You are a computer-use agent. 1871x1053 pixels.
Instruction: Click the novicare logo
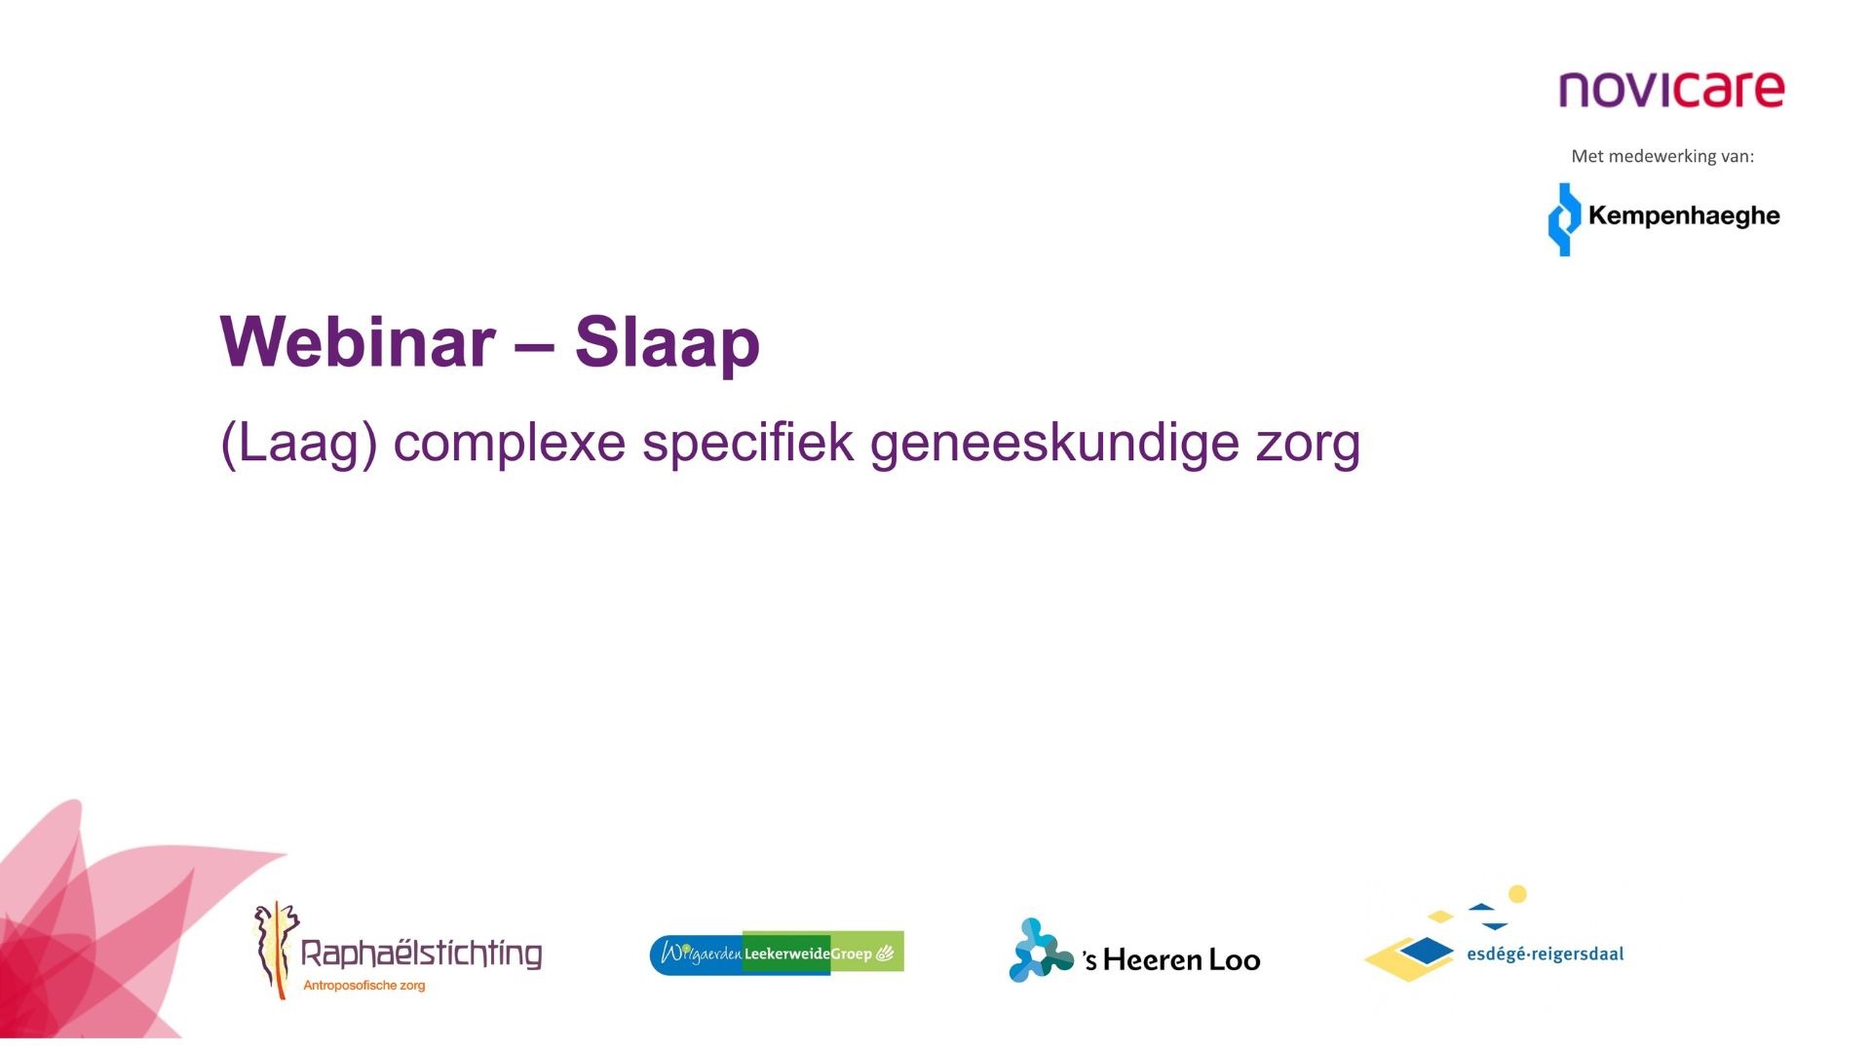point(1671,89)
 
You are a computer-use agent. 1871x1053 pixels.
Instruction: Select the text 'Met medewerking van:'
point(1662,156)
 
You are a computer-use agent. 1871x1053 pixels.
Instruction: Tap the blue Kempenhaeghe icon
point(1564,219)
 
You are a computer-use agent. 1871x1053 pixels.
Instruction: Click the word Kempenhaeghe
point(1684,216)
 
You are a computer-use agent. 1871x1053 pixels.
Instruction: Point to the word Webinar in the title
point(358,341)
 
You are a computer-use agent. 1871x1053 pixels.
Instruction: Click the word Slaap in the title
point(668,343)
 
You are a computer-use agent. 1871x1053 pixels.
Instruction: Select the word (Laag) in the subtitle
point(299,445)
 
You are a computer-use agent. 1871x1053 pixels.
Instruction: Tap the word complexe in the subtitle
point(510,445)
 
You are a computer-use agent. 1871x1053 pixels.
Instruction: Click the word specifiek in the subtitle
point(748,445)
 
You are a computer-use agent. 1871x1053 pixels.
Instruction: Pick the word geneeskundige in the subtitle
point(1054,445)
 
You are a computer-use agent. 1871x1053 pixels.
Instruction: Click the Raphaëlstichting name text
point(421,954)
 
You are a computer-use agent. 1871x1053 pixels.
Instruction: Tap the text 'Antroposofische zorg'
point(364,986)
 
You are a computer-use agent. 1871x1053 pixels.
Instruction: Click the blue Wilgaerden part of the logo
point(697,953)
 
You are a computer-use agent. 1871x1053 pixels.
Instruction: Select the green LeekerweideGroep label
point(823,953)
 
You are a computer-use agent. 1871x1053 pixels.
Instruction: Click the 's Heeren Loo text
point(1171,960)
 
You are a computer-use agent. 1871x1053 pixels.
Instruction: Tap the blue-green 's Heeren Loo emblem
point(1040,950)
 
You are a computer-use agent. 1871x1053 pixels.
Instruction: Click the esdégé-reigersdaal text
point(1546,954)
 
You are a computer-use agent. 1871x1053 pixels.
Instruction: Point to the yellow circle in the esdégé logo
point(1517,894)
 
